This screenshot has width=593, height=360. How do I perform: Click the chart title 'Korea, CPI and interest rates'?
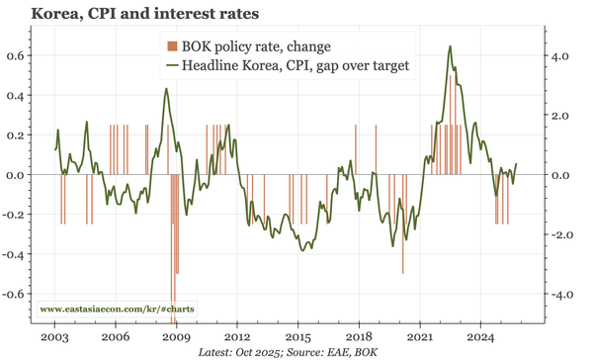[146, 15]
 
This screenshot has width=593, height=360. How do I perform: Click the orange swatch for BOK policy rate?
[171, 46]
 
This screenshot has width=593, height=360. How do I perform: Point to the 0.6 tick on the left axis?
[18, 55]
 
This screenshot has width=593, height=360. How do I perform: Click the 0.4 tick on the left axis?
[18, 96]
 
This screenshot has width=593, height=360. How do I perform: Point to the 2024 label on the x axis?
[481, 336]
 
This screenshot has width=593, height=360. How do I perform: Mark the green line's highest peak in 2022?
[451, 46]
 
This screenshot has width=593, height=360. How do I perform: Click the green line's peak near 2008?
[166, 89]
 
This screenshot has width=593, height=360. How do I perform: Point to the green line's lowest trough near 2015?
[303, 250]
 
